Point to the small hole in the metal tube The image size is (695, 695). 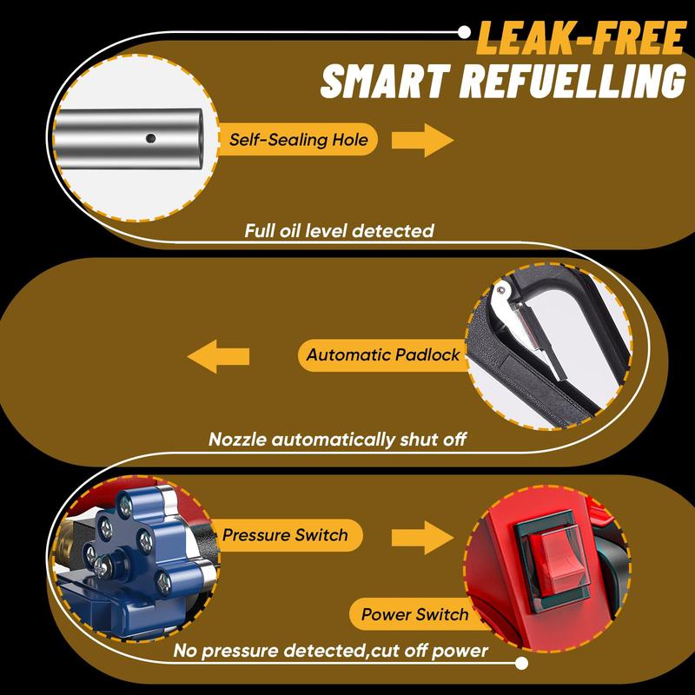point(151,136)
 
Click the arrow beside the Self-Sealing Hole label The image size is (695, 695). point(422,139)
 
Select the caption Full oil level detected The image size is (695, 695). point(339,231)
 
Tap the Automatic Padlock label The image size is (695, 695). point(383,354)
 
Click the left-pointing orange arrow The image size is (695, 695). point(220,355)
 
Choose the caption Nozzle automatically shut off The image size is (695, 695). point(338,439)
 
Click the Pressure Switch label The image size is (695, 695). point(286,535)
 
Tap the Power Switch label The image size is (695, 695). point(414,615)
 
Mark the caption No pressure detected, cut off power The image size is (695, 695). point(330,651)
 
